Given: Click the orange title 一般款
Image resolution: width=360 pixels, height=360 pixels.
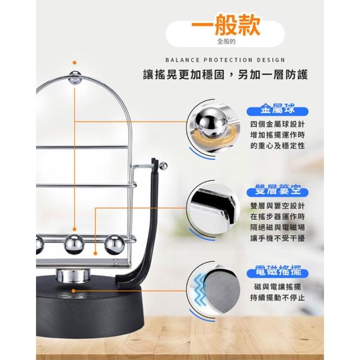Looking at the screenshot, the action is tap(226, 25).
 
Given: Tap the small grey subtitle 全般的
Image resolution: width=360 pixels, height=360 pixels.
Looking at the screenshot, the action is tap(226, 42).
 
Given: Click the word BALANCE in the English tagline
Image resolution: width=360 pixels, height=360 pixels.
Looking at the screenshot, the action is tap(182, 60).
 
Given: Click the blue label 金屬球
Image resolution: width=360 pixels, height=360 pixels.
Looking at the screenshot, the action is tap(277, 110).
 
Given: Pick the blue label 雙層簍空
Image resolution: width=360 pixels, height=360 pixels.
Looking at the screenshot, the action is tap(277, 191).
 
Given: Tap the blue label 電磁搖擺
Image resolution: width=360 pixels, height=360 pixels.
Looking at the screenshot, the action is tap(277, 272).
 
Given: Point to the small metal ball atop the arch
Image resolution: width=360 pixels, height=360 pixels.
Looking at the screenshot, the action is tap(75, 78).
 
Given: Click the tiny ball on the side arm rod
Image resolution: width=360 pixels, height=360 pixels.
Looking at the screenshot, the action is tap(163, 166).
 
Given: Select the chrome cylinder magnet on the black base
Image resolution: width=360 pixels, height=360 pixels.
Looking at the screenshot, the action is tap(73, 275).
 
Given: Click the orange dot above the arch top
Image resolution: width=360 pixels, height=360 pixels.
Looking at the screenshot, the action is tap(74, 62).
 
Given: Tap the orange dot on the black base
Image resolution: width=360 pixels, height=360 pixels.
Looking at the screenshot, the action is tap(74, 291).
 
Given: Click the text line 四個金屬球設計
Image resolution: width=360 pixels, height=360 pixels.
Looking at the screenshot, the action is tap(277, 124).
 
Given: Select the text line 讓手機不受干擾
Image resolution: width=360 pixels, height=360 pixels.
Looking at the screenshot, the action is tap(277, 238).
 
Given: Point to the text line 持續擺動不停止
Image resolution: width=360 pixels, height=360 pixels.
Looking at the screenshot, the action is tap(277, 298).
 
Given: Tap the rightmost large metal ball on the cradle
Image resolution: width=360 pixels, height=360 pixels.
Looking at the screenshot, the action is tap(115, 245).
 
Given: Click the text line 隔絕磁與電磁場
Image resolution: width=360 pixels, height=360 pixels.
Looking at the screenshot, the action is tap(277, 227).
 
